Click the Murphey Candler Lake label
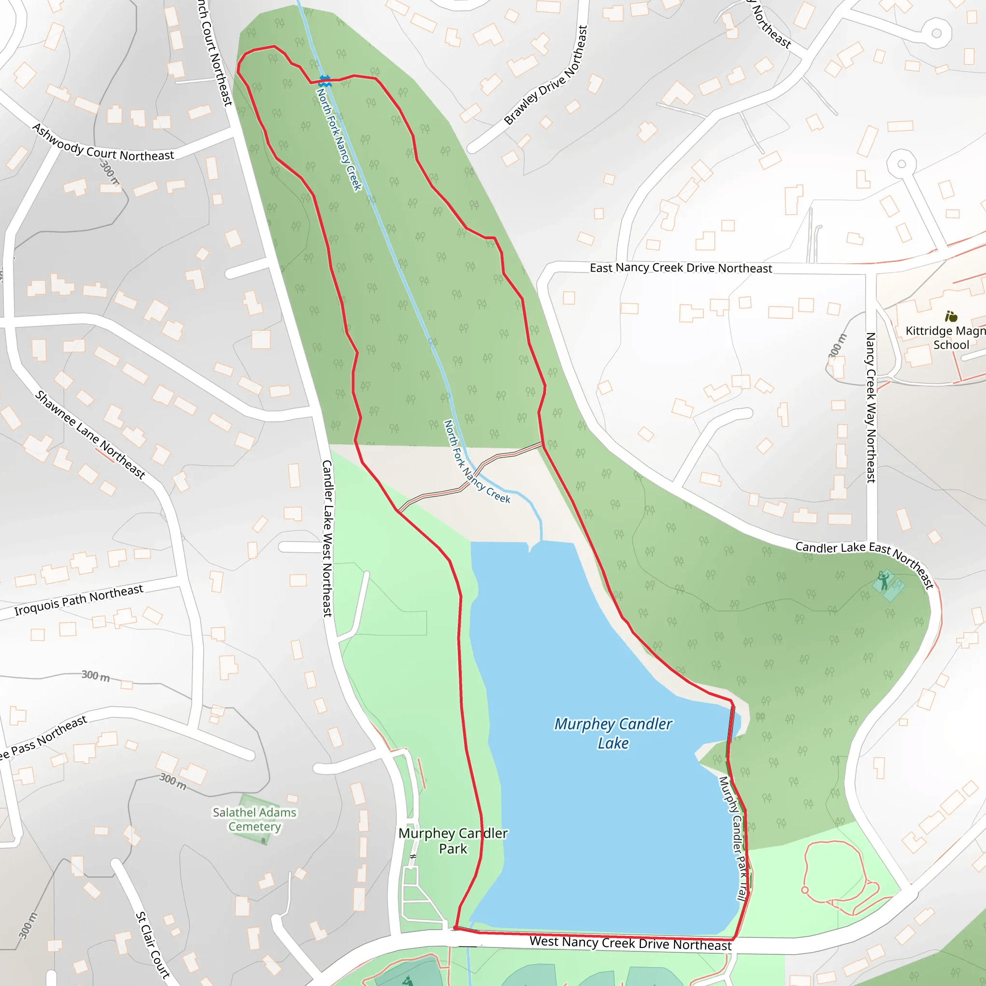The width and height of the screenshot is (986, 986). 613,733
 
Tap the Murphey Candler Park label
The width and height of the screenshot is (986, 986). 453,841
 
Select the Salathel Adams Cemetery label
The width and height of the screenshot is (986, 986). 254,819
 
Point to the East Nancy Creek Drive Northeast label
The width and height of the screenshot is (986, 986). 681,268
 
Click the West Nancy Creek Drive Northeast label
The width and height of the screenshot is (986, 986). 630,943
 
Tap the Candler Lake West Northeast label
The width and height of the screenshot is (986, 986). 327,538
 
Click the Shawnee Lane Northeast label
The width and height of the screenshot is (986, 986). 91,435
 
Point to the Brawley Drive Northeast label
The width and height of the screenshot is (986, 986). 545,76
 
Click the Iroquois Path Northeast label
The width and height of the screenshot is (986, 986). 78,600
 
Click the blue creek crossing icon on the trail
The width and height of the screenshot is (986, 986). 324,80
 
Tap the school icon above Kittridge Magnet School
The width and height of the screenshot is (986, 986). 951,316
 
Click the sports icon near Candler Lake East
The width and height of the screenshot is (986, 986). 884,581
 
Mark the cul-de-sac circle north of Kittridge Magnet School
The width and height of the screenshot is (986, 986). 901,164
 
